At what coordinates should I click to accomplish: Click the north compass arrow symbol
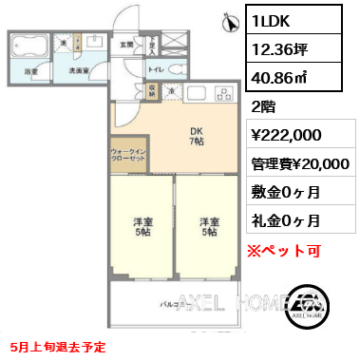pos(229,19)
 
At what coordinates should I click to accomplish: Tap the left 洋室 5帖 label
pos(141,227)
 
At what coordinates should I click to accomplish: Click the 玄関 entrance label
pos(125,44)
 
